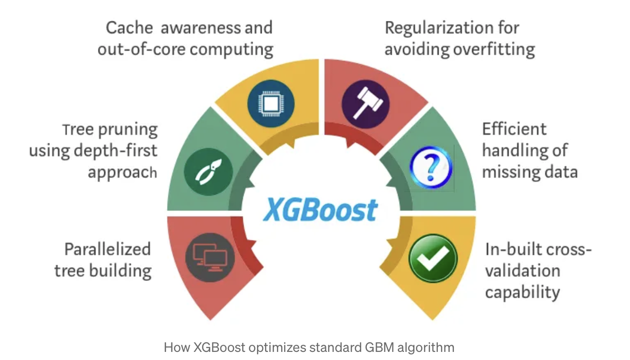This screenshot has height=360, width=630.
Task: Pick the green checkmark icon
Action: click(433, 259)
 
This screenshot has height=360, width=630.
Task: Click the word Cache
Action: click(129, 28)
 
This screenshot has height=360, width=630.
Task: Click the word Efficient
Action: click(514, 129)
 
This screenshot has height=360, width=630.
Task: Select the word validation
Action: click(522, 271)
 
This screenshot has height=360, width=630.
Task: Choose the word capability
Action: click(522, 292)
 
